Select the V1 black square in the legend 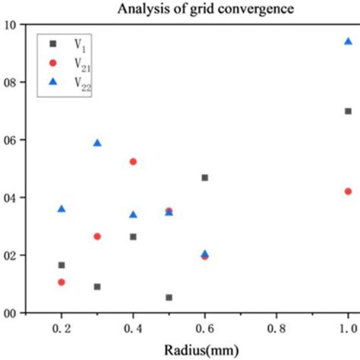(x=53, y=45)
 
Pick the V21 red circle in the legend (x=53, y=66)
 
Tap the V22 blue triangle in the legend (x=53, y=87)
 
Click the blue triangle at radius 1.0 (x=348, y=41)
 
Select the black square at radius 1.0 (x=348, y=111)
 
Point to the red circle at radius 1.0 (x=348, y=191)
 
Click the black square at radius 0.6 (x=204, y=178)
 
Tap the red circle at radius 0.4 (x=133, y=162)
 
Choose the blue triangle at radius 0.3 (x=97, y=142)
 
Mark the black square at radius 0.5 (x=169, y=298)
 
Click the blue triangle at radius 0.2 (x=62, y=208)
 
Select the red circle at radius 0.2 (x=62, y=282)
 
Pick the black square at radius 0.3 (x=97, y=286)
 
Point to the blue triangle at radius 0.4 (x=133, y=214)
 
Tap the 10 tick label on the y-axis (x=11, y=24)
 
